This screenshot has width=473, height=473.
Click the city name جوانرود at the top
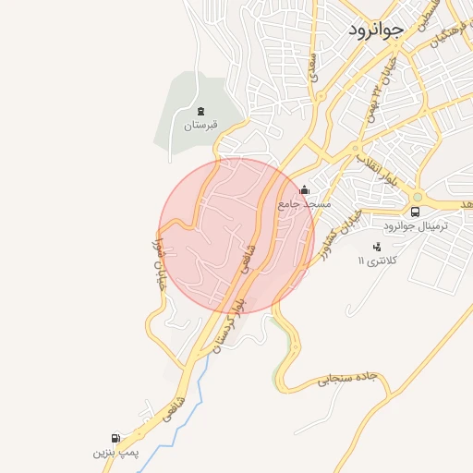tap(376, 30)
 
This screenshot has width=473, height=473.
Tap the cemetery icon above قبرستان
tap(200, 111)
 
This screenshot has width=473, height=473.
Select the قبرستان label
tap(200, 124)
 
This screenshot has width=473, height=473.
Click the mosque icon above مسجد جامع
tap(304, 190)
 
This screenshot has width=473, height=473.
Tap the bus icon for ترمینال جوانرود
tap(415, 211)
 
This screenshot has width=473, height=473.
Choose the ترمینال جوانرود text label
tap(416, 225)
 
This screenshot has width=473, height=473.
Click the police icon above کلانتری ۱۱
tap(376, 247)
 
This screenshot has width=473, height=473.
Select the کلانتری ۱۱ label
tap(377, 261)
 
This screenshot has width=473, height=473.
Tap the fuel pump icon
tap(115, 438)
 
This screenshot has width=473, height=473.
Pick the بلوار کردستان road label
tap(231, 320)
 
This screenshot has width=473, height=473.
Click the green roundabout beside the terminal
tap(417, 196)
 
